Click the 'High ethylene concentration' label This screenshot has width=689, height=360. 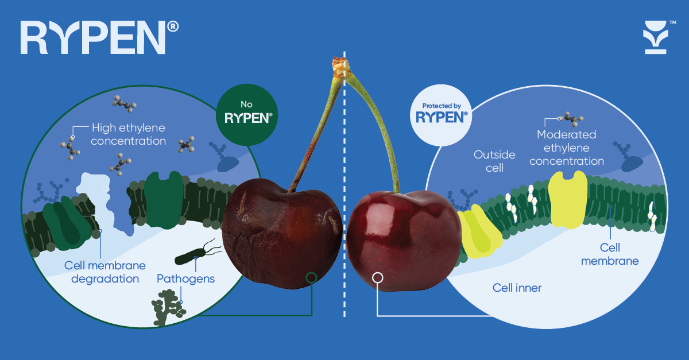pyautogui.click(x=129, y=134)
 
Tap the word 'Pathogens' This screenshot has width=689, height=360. pyautogui.click(x=185, y=279)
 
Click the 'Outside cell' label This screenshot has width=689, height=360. pyautogui.click(x=494, y=161)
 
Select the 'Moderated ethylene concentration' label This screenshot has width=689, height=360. pyautogui.click(x=566, y=148)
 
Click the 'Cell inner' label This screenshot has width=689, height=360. pyautogui.click(x=517, y=288)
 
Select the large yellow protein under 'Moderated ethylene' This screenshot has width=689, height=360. pyautogui.click(x=568, y=199)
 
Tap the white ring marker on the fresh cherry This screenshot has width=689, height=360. pyautogui.click(x=378, y=278)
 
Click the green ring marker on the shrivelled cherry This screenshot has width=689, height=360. pyautogui.click(x=311, y=278)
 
